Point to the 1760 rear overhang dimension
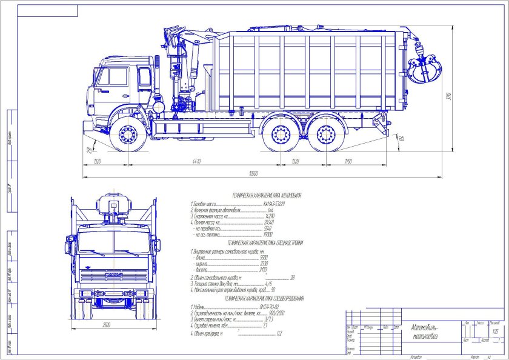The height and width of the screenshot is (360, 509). pyautogui.click(x=348, y=161)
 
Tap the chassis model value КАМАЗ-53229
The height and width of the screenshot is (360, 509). pyautogui.click(x=276, y=205)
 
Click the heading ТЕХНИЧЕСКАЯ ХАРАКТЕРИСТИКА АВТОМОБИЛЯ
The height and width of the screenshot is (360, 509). pyautogui.click(x=262, y=196)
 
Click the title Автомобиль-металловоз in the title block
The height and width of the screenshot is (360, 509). pyautogui.click(x=427, y=330)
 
